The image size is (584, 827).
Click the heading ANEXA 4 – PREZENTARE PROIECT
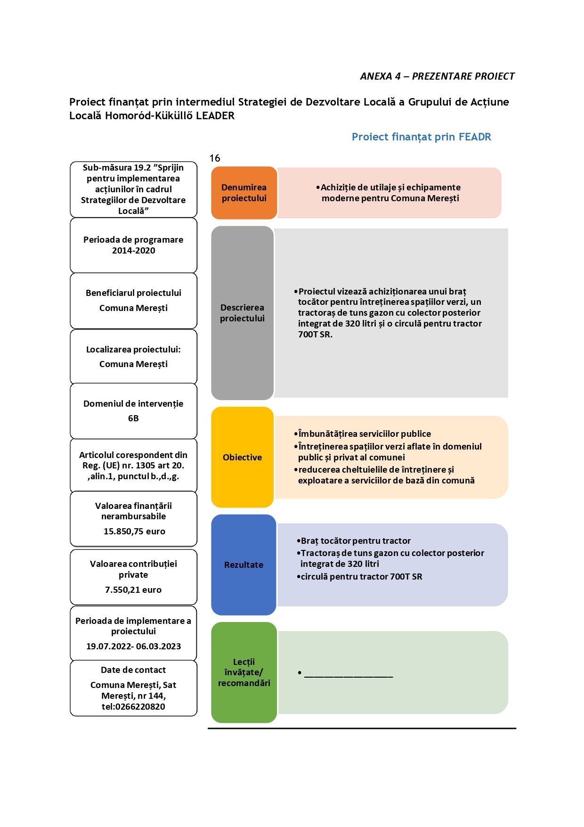coord(437,76)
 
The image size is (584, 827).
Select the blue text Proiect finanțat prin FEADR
coord(421,137)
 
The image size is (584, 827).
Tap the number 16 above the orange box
coord(215,158)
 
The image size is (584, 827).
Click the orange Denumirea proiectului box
coord(244,193)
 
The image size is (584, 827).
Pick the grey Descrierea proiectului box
coord(243,313)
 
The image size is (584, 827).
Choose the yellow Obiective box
coord(243,457)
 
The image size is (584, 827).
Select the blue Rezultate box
coord(243,565)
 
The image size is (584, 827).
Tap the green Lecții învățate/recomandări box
coord(244,672)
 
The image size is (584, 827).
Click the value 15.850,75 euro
coord(134,532)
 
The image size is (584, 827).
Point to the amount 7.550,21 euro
coord(133,590)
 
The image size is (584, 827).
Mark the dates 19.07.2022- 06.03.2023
coord(133,647)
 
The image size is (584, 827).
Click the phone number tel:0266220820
coord(133,707)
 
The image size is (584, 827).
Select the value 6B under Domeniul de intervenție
coord(133,418)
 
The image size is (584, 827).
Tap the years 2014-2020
coord(133,251)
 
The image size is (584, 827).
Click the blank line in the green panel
coord(349,677)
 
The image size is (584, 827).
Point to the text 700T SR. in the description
coord(315,335)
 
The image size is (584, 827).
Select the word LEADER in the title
coord(215,116)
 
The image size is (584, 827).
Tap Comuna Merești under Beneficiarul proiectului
coord(133,308)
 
